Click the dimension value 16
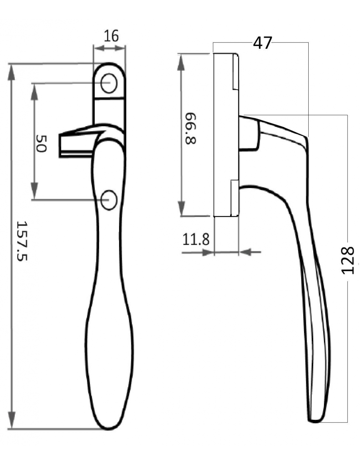coord(111,36)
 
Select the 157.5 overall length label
coord(22,241)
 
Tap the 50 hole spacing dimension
coord(41,143)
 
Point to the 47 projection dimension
coord(262,43)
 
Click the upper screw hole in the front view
coord(109,83)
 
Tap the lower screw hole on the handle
coord(109,200)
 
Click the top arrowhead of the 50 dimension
coord(34,92)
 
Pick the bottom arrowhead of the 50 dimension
coord(34,191)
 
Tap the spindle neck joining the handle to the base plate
coord(249,134)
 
